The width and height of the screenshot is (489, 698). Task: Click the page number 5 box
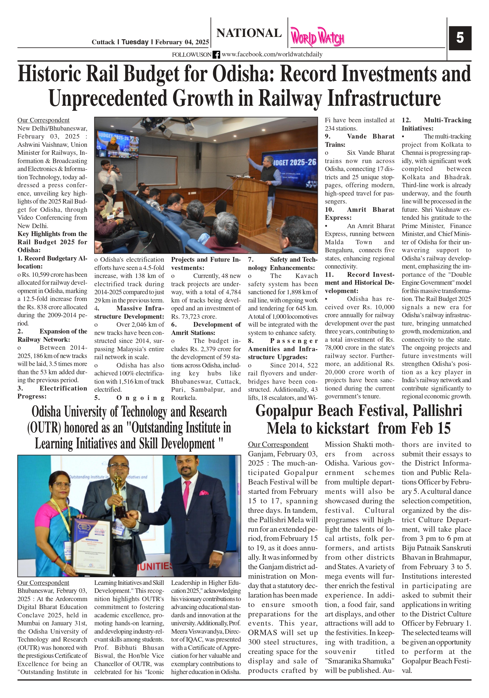tap(460, 38)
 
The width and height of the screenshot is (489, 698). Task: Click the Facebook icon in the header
tap(216, 55)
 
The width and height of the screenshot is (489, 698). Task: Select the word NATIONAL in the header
tap(249, 33)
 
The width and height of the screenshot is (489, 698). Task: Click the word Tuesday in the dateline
tap(135, 42)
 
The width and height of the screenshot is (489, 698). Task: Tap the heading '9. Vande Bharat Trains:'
tap(360, 140)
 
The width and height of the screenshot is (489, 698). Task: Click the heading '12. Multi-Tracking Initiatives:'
tap(436, 124)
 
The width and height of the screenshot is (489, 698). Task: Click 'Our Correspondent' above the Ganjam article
tap(278, 445)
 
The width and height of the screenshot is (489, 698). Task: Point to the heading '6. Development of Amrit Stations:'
tap(206, 329)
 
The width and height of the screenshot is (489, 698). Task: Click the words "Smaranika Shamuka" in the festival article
tap(360, 661)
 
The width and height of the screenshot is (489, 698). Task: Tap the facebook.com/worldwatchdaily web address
tap(272, 54)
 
